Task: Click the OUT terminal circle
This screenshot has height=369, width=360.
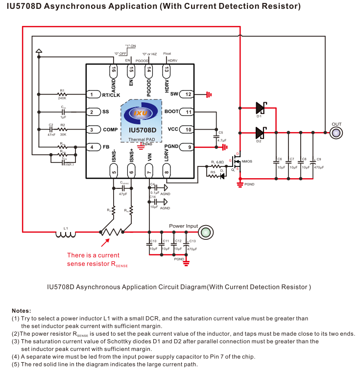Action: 336,132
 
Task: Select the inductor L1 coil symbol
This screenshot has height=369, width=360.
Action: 66,234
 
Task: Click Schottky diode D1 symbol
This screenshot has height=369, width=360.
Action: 260,107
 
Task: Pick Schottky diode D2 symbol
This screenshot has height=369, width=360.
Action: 260,132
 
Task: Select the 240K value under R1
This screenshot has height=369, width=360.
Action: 62,98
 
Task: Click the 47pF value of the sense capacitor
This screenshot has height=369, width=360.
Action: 123,194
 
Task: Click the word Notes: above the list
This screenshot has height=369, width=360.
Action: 22,311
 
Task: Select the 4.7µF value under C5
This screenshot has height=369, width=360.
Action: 221,141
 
